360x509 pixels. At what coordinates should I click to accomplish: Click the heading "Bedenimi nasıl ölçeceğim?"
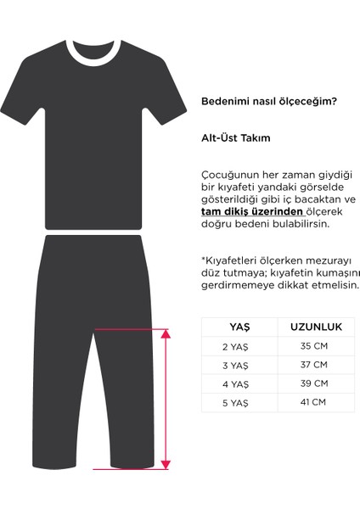268,102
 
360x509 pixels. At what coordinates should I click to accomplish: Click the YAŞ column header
239,327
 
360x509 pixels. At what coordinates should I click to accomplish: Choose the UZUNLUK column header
316,327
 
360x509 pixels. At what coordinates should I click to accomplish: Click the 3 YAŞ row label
235,366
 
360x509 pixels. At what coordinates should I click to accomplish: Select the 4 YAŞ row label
235,383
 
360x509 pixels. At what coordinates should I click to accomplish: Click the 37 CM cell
314,366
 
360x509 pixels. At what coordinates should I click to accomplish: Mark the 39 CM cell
314,383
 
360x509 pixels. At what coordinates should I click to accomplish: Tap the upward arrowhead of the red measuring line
165,333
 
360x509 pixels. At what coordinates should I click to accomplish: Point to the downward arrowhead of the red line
165,463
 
